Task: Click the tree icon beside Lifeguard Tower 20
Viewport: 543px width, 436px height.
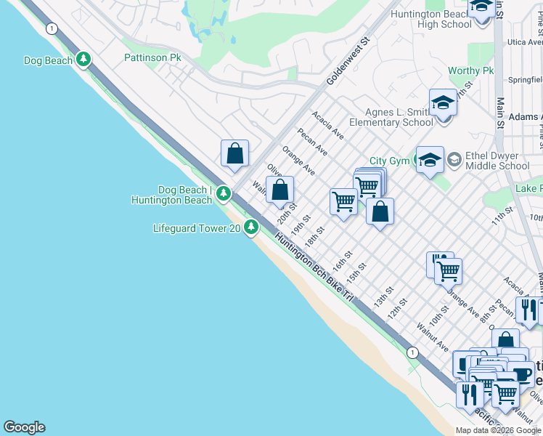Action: pos(251,228)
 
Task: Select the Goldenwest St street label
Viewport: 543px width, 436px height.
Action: pos(348,62)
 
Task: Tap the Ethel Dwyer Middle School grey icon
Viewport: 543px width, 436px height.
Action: pos(454,158)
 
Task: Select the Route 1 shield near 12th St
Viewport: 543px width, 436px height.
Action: pos(412,352)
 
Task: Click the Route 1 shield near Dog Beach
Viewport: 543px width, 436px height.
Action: pos(52,28)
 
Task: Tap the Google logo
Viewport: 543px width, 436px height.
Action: pos(24,427)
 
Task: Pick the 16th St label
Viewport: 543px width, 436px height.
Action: pos(343,259)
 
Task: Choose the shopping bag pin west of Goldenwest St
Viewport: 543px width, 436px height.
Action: pos(234,153)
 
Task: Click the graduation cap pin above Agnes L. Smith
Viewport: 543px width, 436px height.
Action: pos(442,103)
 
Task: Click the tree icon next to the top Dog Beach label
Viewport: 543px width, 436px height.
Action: pos(84,60)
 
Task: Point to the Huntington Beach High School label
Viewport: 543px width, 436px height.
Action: pos(430,19)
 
